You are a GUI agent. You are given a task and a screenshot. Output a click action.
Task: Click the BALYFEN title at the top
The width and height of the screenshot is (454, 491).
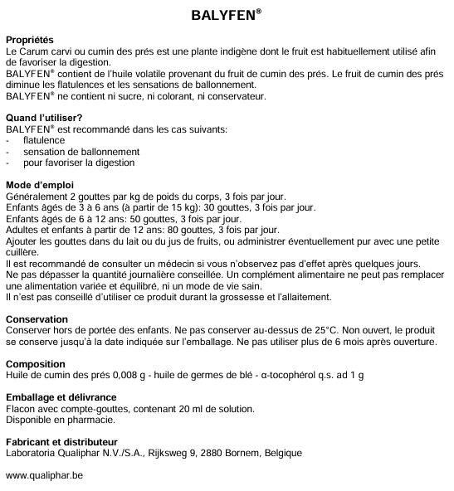227,14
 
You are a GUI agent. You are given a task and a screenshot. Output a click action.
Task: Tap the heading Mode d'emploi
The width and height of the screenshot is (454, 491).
41,184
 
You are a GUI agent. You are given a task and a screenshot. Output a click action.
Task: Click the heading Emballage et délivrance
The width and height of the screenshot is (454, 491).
61,397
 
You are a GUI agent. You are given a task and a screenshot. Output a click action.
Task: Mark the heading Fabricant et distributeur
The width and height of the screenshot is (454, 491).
61,442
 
